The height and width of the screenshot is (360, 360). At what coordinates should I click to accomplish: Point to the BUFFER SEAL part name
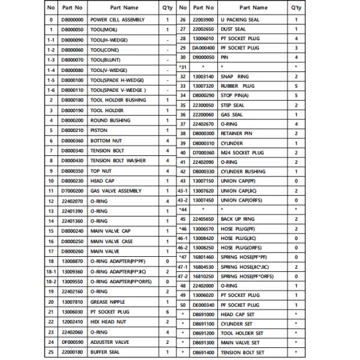click(106, 352)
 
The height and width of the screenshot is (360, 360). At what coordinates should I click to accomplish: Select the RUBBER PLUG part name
click(238, 86)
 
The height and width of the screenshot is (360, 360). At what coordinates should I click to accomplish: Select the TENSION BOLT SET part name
click(243, 352)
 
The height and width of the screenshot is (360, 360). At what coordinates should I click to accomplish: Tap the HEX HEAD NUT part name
click(107, 322)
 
